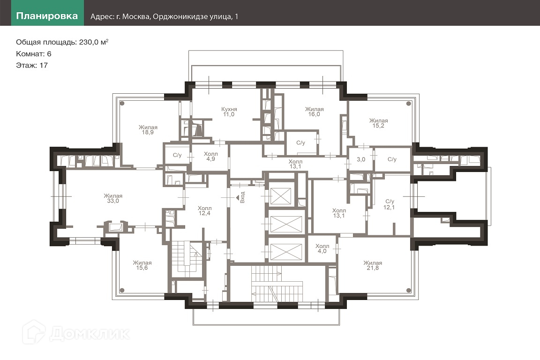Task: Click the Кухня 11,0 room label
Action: click(228, 112)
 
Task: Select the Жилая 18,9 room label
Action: click(148, 129)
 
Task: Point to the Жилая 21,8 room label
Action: click(372, 265)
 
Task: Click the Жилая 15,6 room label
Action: click(142, 265)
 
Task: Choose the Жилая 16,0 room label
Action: click(314, 112)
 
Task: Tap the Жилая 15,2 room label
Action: click(378, 123)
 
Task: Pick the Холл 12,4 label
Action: click(204, 211)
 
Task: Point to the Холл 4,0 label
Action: click(322, 249)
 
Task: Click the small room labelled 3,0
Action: click(361, 159)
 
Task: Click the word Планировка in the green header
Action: click(47, 16)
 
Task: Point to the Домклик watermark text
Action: click(89, 333)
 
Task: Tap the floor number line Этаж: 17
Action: click(32, 65)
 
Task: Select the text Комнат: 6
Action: click(34, 53)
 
